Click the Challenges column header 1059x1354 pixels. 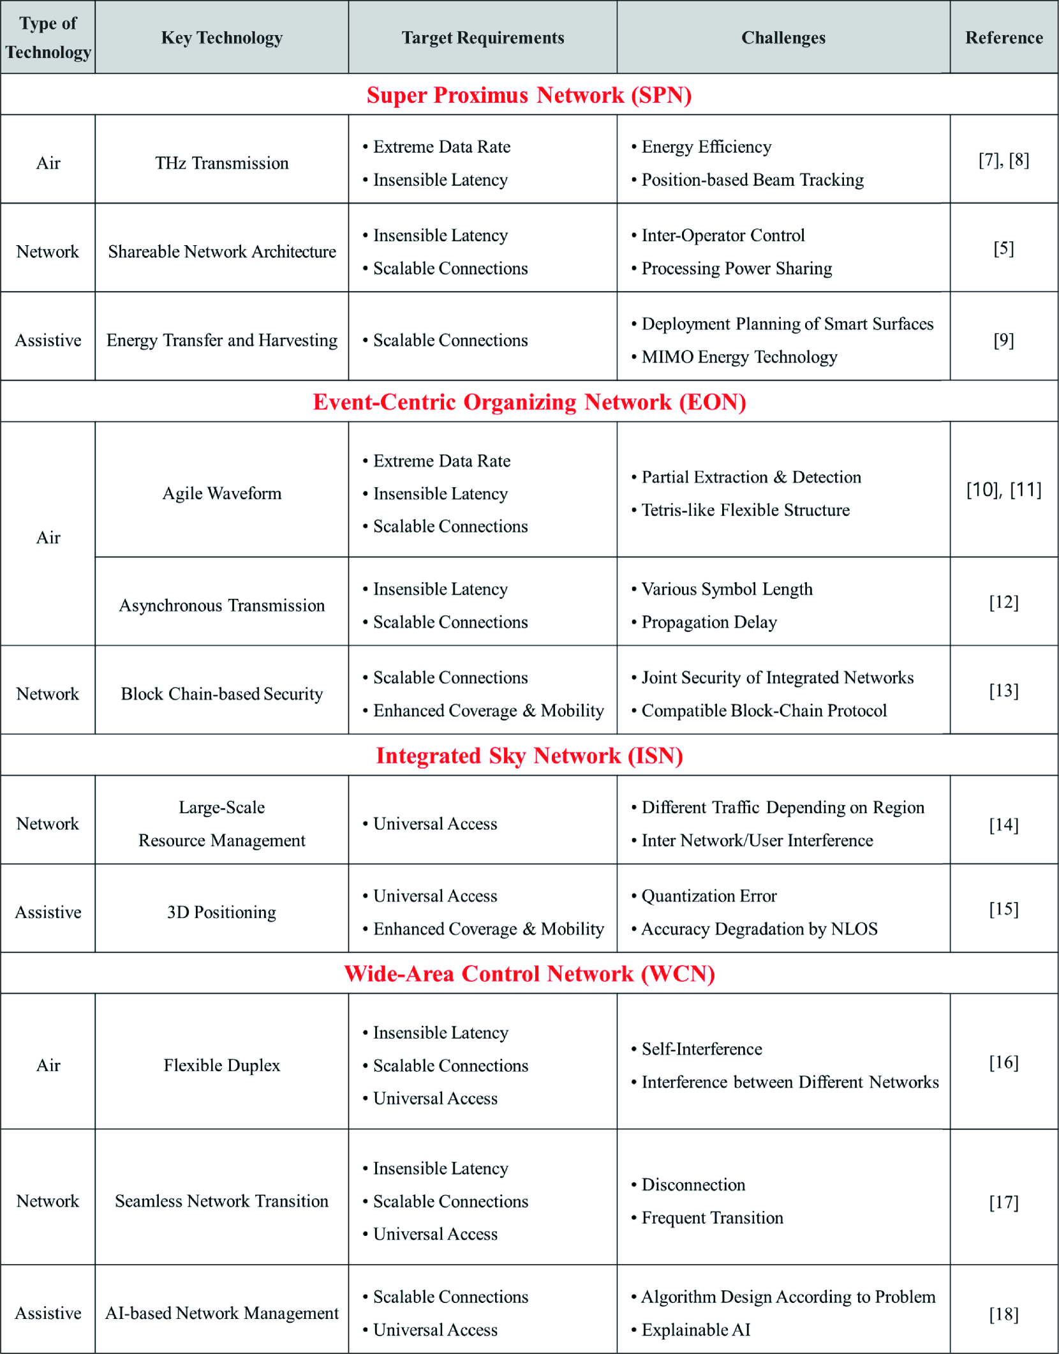[783, 38]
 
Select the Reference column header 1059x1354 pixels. [1003, 38]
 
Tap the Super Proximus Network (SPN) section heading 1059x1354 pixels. [529, 95]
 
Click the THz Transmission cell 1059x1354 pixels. [221, 163]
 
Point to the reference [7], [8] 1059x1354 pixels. [1003, 160]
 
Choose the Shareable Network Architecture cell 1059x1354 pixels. [221, 252]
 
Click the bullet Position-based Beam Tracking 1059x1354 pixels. [752, 180]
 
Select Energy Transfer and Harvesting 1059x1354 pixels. [221, 340]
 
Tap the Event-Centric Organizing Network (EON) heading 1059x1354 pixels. [529, 402]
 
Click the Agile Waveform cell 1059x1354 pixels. [221, 493]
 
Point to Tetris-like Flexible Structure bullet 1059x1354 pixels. [745, 510]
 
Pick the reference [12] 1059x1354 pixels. [1003, 602]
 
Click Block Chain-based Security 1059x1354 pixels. [221, 694]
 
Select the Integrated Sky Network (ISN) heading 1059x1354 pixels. [529, 756]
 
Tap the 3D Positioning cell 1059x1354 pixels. [221, 912]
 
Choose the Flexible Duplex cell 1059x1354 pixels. [221, 1065]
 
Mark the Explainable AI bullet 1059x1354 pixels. [695, 1330]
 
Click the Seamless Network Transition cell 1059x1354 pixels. [221, 1201]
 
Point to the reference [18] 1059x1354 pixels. [1003, 1314]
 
